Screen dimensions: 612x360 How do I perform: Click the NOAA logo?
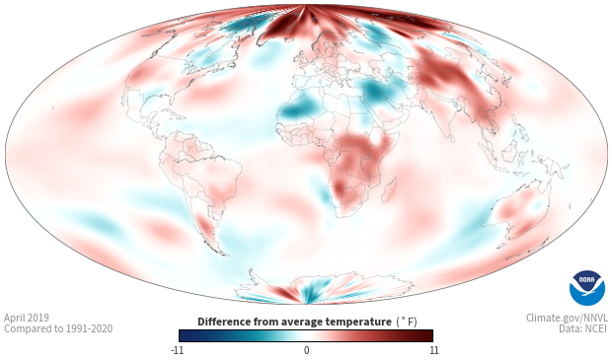point(587,288)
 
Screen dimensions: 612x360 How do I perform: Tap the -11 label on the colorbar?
point(178,350)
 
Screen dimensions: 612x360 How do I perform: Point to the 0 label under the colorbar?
point(306,350)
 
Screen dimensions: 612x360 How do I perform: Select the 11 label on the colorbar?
point(433,350)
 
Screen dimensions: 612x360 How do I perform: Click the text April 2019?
point(27,318)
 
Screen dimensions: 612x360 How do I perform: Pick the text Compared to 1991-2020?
point(58,328)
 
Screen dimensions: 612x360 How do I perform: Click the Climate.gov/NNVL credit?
point(567,318)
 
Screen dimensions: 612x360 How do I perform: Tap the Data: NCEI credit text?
point(583,328)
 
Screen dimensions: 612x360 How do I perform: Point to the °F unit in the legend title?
point(407,322)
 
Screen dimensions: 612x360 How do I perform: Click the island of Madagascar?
point(389,189)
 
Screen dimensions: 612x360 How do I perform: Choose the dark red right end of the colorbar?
point(429,335)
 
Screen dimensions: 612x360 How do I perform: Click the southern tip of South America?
point(222,253)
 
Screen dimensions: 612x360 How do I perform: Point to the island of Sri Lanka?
point(450,138)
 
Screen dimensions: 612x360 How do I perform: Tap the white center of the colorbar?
point(306,335)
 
